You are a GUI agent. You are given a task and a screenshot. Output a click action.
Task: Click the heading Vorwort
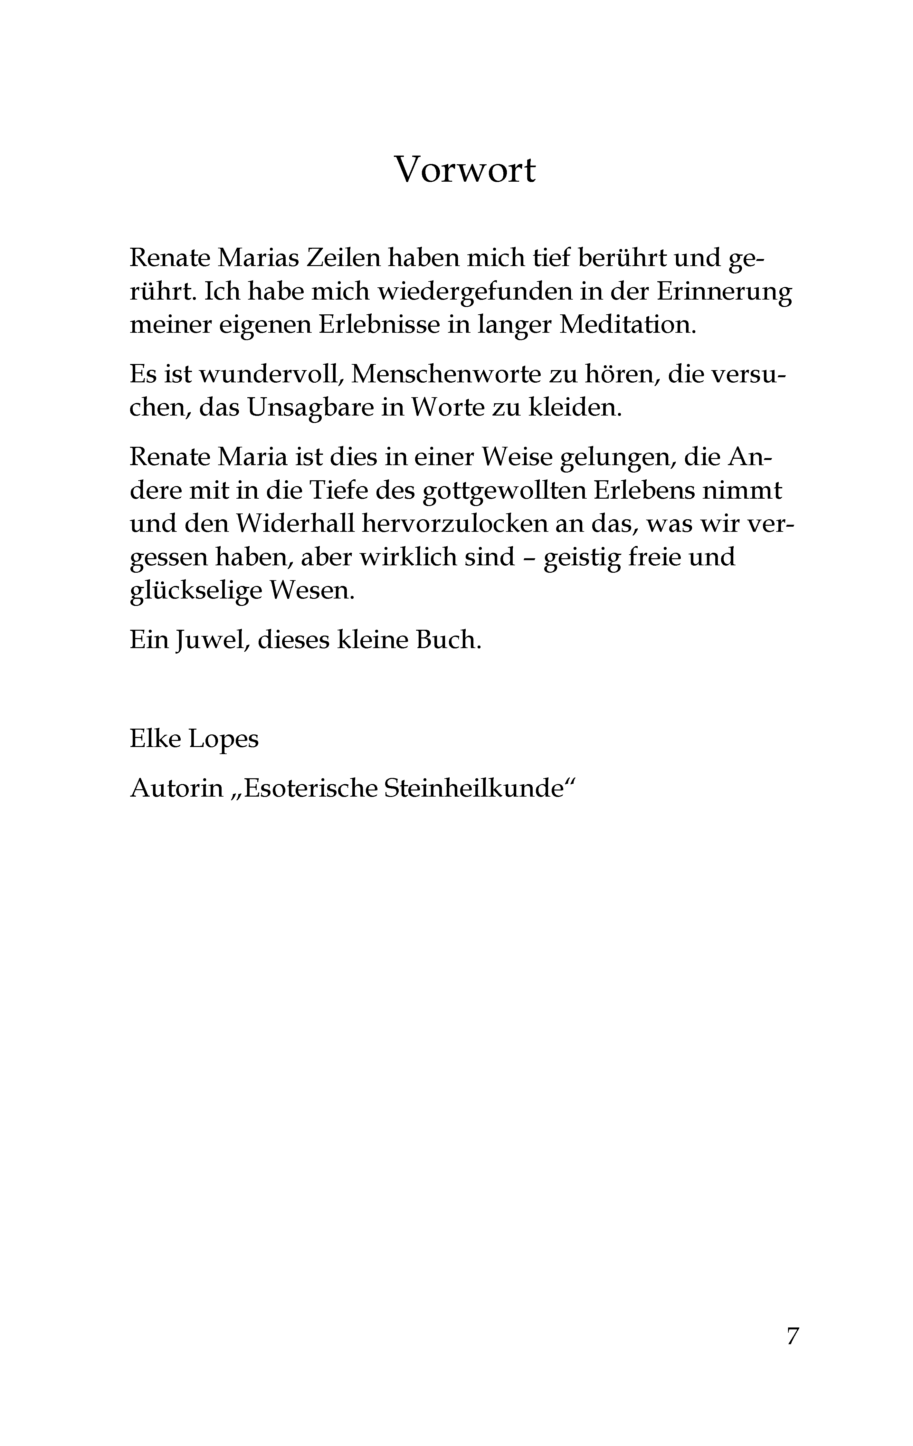(x=464, y=170)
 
